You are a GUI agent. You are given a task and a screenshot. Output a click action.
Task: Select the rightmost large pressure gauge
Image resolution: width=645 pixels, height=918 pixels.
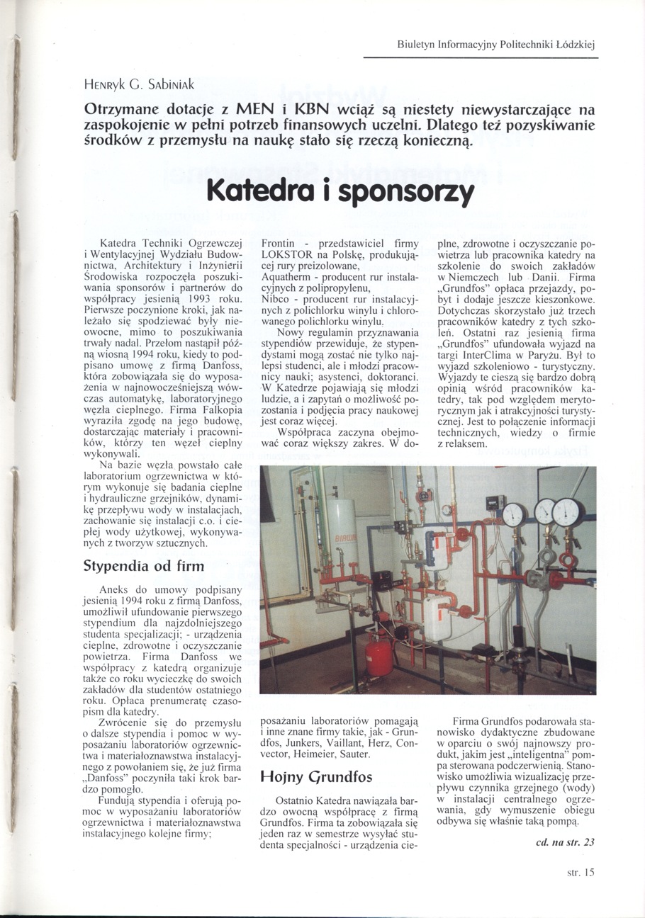[x=568, y=511]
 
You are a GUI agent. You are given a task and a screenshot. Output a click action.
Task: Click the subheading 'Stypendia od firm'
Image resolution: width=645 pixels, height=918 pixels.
[x=144, y=566]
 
